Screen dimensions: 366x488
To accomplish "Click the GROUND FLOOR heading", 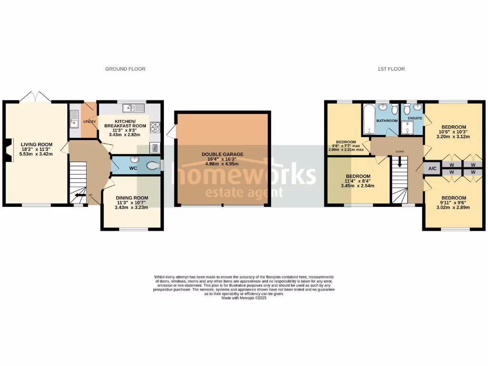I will click(125, 69).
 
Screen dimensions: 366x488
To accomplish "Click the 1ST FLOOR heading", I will click(391, 69).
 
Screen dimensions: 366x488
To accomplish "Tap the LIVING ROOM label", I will click(36, 144).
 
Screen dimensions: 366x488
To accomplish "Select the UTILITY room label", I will click(90, 122).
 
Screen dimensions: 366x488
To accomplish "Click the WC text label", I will click(133, 169).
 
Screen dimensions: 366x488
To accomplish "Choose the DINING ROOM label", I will click(132, 198).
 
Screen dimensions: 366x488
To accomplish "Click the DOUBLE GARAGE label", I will click(223, 154).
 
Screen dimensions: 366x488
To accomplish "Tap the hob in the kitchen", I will click(155, 127).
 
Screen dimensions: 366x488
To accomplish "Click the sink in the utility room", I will click(74, 119).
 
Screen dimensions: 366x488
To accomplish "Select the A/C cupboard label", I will click(433, 169).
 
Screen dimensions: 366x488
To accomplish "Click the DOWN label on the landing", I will click(399, 152).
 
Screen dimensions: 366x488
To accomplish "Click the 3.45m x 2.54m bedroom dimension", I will click(358, 186).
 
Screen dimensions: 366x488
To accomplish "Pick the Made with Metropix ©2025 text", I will click(244, 298).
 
